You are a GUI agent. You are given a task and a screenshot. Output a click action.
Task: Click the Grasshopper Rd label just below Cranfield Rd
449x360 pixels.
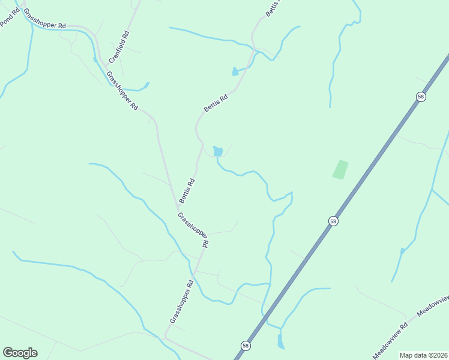click(x=122, y=91)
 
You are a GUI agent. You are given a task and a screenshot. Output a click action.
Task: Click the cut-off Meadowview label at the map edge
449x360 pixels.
click(x=433, y=306)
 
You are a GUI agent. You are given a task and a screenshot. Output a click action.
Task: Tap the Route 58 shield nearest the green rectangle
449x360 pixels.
click(x=333, y=221)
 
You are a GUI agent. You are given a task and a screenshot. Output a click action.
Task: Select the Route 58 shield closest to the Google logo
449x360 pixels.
click(x=246, y=346)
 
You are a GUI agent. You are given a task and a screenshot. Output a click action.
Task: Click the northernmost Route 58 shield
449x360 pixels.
click(x=421, y=97)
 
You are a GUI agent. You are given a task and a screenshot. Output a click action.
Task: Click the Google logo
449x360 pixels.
click(x=20, y=353)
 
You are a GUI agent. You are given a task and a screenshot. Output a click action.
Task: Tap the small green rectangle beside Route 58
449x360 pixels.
click(x=340, y=169)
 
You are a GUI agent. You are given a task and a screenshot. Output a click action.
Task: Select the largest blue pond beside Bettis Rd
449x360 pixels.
click(x=218, y=151)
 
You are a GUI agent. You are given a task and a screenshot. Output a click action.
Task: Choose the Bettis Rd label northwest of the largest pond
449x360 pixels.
click(x=215, y=103)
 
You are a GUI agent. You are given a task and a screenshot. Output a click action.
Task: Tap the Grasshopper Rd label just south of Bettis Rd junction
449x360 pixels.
click(x=193, y=230)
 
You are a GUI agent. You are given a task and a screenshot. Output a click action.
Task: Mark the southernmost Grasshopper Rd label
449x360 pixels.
click(x=181, y=302)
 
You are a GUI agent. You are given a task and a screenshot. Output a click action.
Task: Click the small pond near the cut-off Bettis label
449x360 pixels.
click(x=235, y=72)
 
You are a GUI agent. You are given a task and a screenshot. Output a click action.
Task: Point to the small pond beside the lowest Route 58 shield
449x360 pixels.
click(x=280, y=342)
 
